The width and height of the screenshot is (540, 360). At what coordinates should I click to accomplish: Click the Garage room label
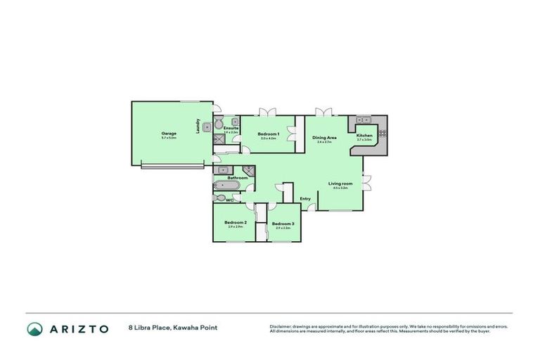pos(169,133)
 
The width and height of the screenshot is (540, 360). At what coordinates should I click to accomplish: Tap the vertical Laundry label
pos(199,125)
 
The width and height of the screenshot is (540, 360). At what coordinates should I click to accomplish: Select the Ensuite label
pos(231,128)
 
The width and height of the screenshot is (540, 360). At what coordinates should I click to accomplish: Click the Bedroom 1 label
pos(269,134)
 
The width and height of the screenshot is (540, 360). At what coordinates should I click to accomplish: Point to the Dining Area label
pos(324,138)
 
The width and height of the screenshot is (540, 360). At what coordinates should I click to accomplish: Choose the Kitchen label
pos(364,136)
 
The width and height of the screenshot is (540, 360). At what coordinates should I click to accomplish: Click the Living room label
pos(340,184)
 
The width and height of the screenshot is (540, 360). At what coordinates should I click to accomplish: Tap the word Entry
pos(305,199)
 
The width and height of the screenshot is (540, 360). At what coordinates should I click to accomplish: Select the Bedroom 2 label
pos(234,223)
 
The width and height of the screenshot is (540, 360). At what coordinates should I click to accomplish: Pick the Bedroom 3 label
pos(283,224)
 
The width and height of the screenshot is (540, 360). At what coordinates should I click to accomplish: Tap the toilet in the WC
pos(219,200)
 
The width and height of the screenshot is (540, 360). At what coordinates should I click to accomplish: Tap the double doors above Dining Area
pos(323,111)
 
